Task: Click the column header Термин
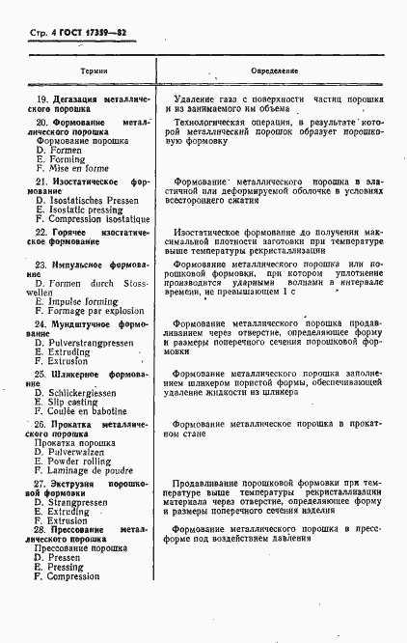[94, 71]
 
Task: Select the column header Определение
[274, 71]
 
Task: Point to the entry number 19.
[41, 100]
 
